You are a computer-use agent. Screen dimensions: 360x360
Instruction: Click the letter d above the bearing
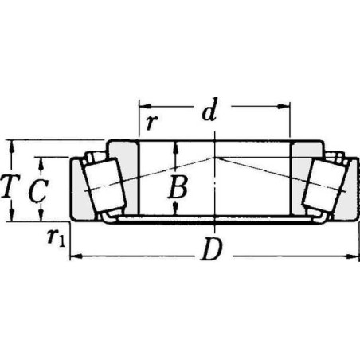[x=209, y=113]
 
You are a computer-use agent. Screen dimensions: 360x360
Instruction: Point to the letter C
[x=36, y=190]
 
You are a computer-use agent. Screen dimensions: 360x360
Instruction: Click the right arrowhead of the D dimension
[x=354, y=256]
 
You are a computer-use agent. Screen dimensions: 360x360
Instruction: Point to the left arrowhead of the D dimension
[x=73, y=256]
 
